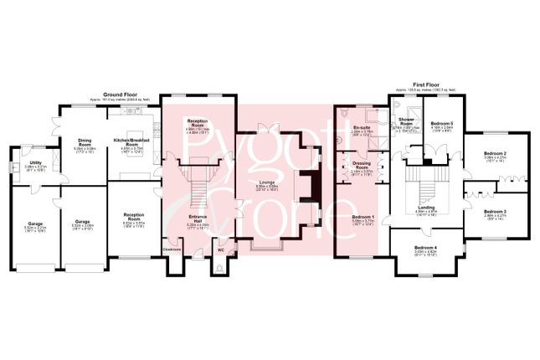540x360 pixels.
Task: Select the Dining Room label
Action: [x=85, y=140]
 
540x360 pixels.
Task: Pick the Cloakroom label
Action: [x=172, y=249]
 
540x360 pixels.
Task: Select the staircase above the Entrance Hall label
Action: [x=198, y=180]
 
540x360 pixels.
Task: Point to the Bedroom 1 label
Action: [x=361, y=218]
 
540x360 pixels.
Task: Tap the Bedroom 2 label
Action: [x=496, y=153]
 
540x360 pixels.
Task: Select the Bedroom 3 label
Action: [x=496, y=211]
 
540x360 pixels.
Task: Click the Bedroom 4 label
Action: [x=426, y=248]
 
